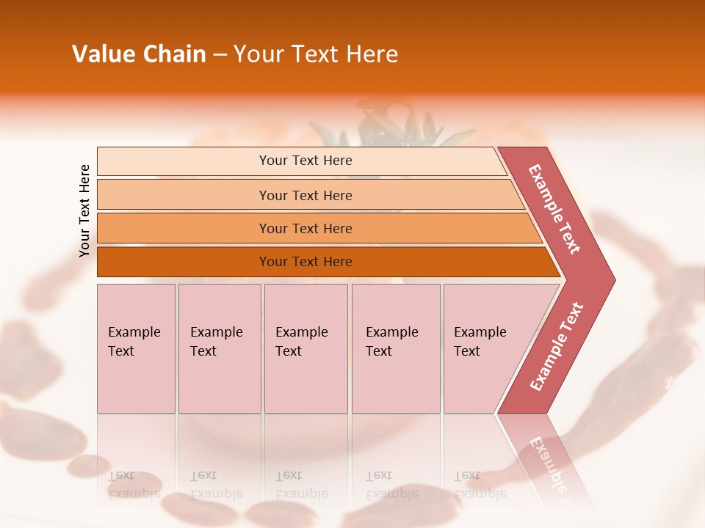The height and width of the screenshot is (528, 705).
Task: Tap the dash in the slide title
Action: click(x=220, y=55)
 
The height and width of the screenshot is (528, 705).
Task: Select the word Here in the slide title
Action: click(x=372, y=54)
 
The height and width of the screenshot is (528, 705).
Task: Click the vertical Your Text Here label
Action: click(x=84, y=210)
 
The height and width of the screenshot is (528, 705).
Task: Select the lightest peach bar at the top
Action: click(x=305, y=161)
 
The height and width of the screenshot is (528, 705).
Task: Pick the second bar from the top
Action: click(x=305, y=195)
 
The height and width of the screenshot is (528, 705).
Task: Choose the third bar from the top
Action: click(x=305, y=228)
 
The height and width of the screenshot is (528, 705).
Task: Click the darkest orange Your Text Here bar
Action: click(x=305, y=262)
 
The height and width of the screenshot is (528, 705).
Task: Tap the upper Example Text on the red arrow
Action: click(x=554, y=209)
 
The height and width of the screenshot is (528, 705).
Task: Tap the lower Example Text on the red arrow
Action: click(x=556, y=347)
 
